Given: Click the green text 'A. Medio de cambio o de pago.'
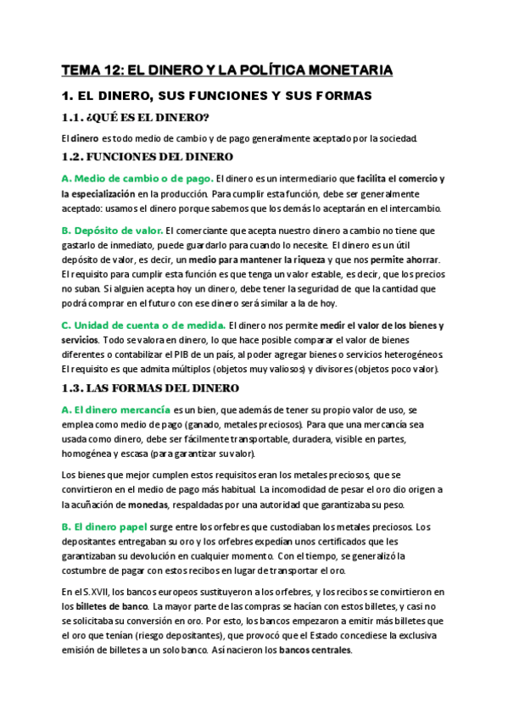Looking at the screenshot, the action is click(137, 179).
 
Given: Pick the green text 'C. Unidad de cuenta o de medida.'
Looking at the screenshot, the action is click(132, 326).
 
